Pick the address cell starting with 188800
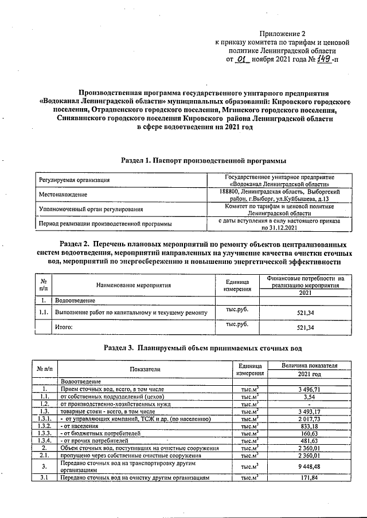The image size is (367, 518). click(280, 195)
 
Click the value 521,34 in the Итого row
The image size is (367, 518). click(303, 327)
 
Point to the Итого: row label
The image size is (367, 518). click(64, 327)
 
